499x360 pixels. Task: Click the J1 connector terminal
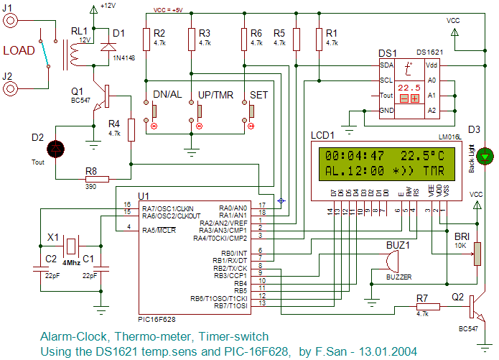pyautogui.click(x=11, y=20)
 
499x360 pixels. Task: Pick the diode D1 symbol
pyautogui.click(x=108, y=46)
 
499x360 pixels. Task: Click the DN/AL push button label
pyautogui.click(x=168, y=95)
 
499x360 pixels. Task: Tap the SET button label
pyautogui.click(x=259, y=95)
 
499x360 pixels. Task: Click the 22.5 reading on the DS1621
pyautogui.click(x=409, y=87)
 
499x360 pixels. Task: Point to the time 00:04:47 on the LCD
pyautogui.click(x=355, y=155)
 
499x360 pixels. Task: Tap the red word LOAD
pyautogui.click(x=19, y=51)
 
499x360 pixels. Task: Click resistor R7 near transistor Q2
pyautogui.click(x=429, y=305)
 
